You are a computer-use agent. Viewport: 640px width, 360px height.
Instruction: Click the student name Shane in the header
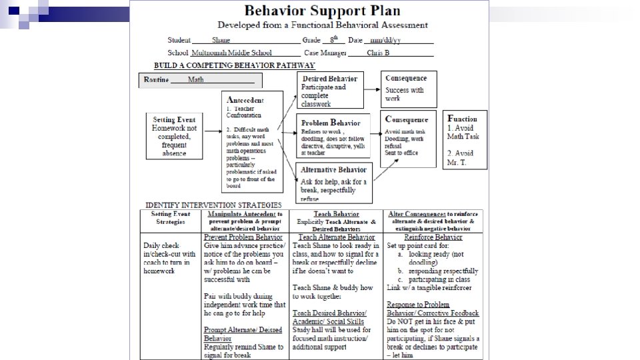[221, 41]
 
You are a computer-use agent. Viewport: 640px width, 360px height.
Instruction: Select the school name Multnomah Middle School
[231, 53]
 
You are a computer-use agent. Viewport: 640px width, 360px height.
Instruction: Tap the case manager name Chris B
[378, 53]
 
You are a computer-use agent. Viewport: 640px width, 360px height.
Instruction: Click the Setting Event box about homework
[174, 135]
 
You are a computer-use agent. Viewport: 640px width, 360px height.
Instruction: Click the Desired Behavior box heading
[329, 78]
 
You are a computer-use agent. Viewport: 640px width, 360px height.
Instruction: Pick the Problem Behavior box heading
[331, 123]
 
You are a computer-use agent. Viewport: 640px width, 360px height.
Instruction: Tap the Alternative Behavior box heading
[333, 170]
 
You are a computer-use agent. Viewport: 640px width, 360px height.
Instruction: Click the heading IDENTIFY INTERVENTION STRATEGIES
[213, 205]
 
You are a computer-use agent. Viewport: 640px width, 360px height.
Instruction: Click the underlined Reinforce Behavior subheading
[435, 237]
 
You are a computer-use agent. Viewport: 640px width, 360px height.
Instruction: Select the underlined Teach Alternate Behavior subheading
[336, 237]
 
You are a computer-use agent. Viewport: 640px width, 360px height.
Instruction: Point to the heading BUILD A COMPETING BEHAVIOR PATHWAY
[234, 65]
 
